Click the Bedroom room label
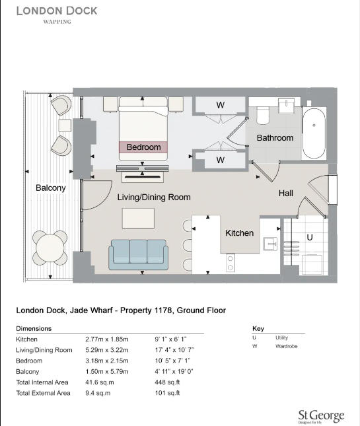(143, 147)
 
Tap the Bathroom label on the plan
(275, 138)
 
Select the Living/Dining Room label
(154, 197)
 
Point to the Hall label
(286, 193)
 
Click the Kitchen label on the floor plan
(239, 233)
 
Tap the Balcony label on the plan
(51, 188)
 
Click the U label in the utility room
(308, 236)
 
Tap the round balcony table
(51, 248)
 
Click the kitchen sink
(270, 244)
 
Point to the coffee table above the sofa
(137, 219)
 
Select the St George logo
(320, 416)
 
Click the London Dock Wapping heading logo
(57, 14)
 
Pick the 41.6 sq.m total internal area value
(98, 382)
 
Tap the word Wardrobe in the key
(287, 345)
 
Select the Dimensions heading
(34, 328)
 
